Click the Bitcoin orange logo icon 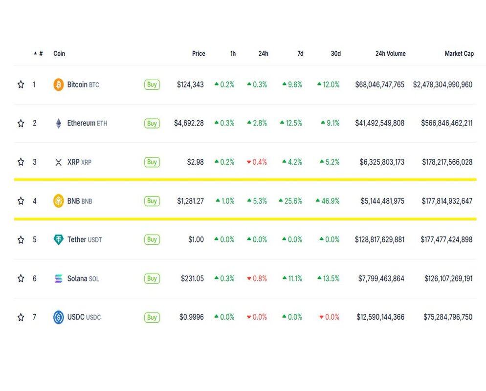[59, 85]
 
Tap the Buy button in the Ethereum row [152, 123]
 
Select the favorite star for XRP [21, 162]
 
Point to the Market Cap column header [459, 54]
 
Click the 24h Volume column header [390, 54]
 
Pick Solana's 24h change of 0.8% [257, 279]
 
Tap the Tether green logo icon [59, 239]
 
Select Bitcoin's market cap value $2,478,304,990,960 [442, 85]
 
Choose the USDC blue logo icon [59, 317]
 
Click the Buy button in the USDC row [152, 317]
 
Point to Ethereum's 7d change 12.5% [291, 123]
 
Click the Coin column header [59, 54]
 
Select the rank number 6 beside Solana [34, 279]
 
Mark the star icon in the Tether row [21, 239]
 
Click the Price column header [199, 54]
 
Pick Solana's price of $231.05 [192, 279]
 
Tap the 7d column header [300, 54]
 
